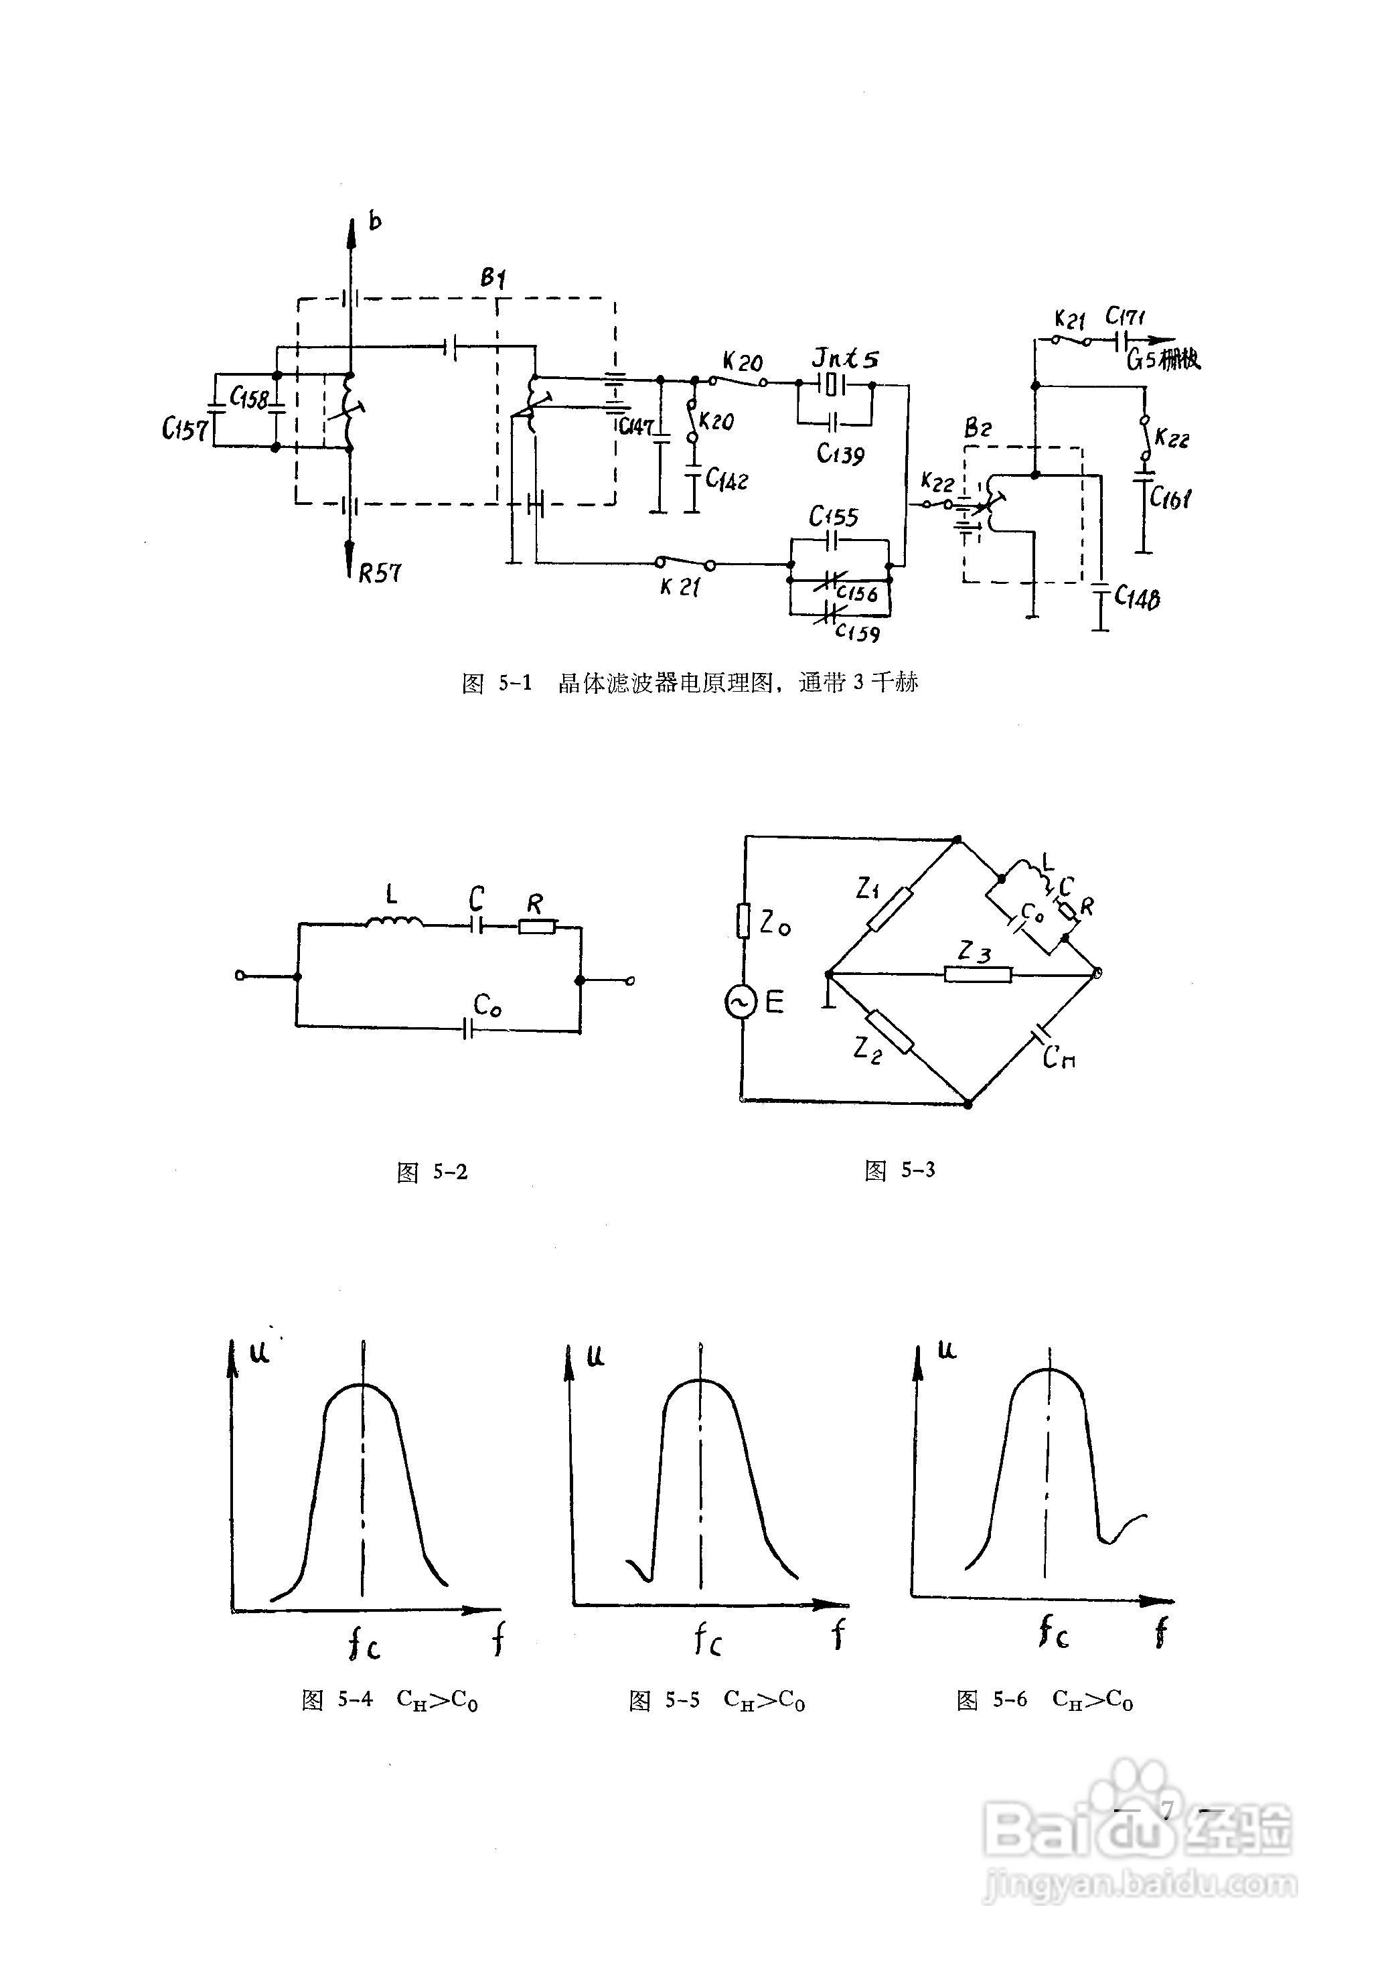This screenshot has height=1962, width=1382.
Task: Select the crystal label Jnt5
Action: coord(844,359)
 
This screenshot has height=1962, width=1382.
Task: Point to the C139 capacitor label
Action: coord(840,454)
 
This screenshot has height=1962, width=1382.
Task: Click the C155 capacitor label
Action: coord(834,516)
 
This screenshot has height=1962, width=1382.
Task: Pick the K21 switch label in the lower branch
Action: coord(680,587)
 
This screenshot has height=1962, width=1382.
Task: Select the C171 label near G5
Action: coord(1125,317)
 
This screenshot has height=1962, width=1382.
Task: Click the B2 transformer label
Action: coord(977,428)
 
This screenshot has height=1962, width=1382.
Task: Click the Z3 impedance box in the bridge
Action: coord(978,974)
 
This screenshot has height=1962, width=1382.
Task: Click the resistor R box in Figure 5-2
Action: coord(538,925)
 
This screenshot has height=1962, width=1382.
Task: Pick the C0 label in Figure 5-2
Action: coord(487,1006)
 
